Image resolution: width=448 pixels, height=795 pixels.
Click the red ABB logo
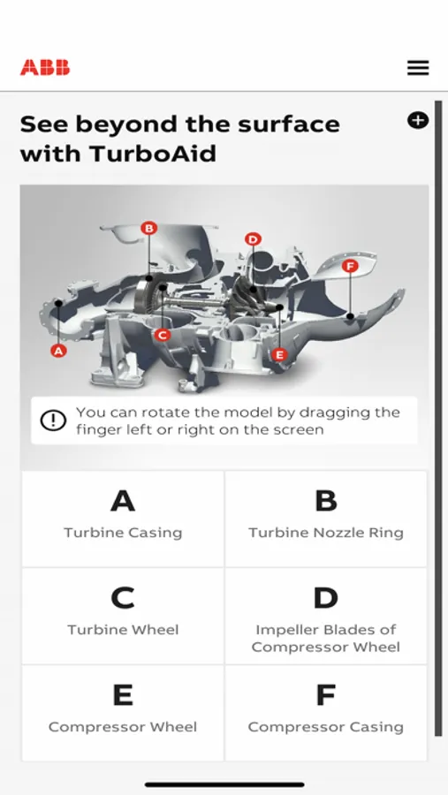click(x=45, y=67)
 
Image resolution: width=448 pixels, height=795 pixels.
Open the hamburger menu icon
click(x=418, y=67)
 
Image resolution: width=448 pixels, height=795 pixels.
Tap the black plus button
click(x=418, y=120)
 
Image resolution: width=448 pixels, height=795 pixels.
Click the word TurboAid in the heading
click(x=152, y=154)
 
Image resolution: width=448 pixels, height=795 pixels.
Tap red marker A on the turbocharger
click(x=59, y=350)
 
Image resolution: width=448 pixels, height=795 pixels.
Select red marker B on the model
click(x=148, y=228)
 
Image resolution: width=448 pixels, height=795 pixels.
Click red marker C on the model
click(x=162, y=335)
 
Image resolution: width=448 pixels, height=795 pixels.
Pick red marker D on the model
click(x=253, y=238)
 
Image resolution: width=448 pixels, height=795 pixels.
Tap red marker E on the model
click(x=279, y=354)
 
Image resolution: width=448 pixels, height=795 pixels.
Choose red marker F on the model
click(x=350, y=266)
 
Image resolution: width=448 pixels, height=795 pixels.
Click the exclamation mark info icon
click(x=53, y=420)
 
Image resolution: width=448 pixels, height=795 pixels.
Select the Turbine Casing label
click(x=123, y=533)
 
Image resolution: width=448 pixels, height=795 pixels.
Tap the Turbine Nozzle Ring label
click(x=326, y=533)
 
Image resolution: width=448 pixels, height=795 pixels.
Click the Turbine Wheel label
click(x=123, y=630)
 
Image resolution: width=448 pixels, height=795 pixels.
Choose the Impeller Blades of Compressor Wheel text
click(x=326, y=639)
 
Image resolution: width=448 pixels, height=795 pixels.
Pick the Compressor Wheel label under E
click(x=123, y=727)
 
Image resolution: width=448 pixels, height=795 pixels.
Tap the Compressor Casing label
click(x=326, y=727)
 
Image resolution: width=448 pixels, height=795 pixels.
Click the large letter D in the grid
click(x=326, y=598)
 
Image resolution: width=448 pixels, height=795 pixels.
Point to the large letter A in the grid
click(x=123, y=501)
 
